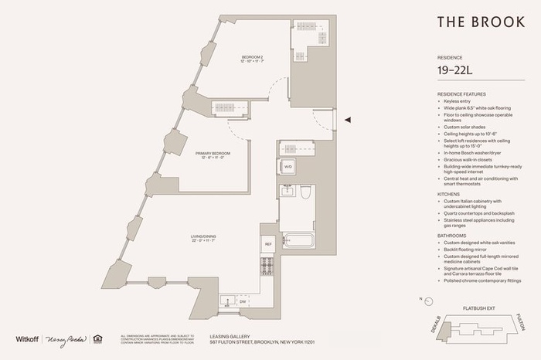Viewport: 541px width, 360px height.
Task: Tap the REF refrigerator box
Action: pyautogui.click(x=268, y=244)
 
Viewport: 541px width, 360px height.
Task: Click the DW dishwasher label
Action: pyautogui.click(x=242, y=302)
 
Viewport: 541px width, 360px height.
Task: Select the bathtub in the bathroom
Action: pyautogui.click(x=298, y=240)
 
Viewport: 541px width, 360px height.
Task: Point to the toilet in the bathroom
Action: pyautogui.click(x=305, y=192)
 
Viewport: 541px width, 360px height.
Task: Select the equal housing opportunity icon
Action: pyautogui.click(x=97, y=338)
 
